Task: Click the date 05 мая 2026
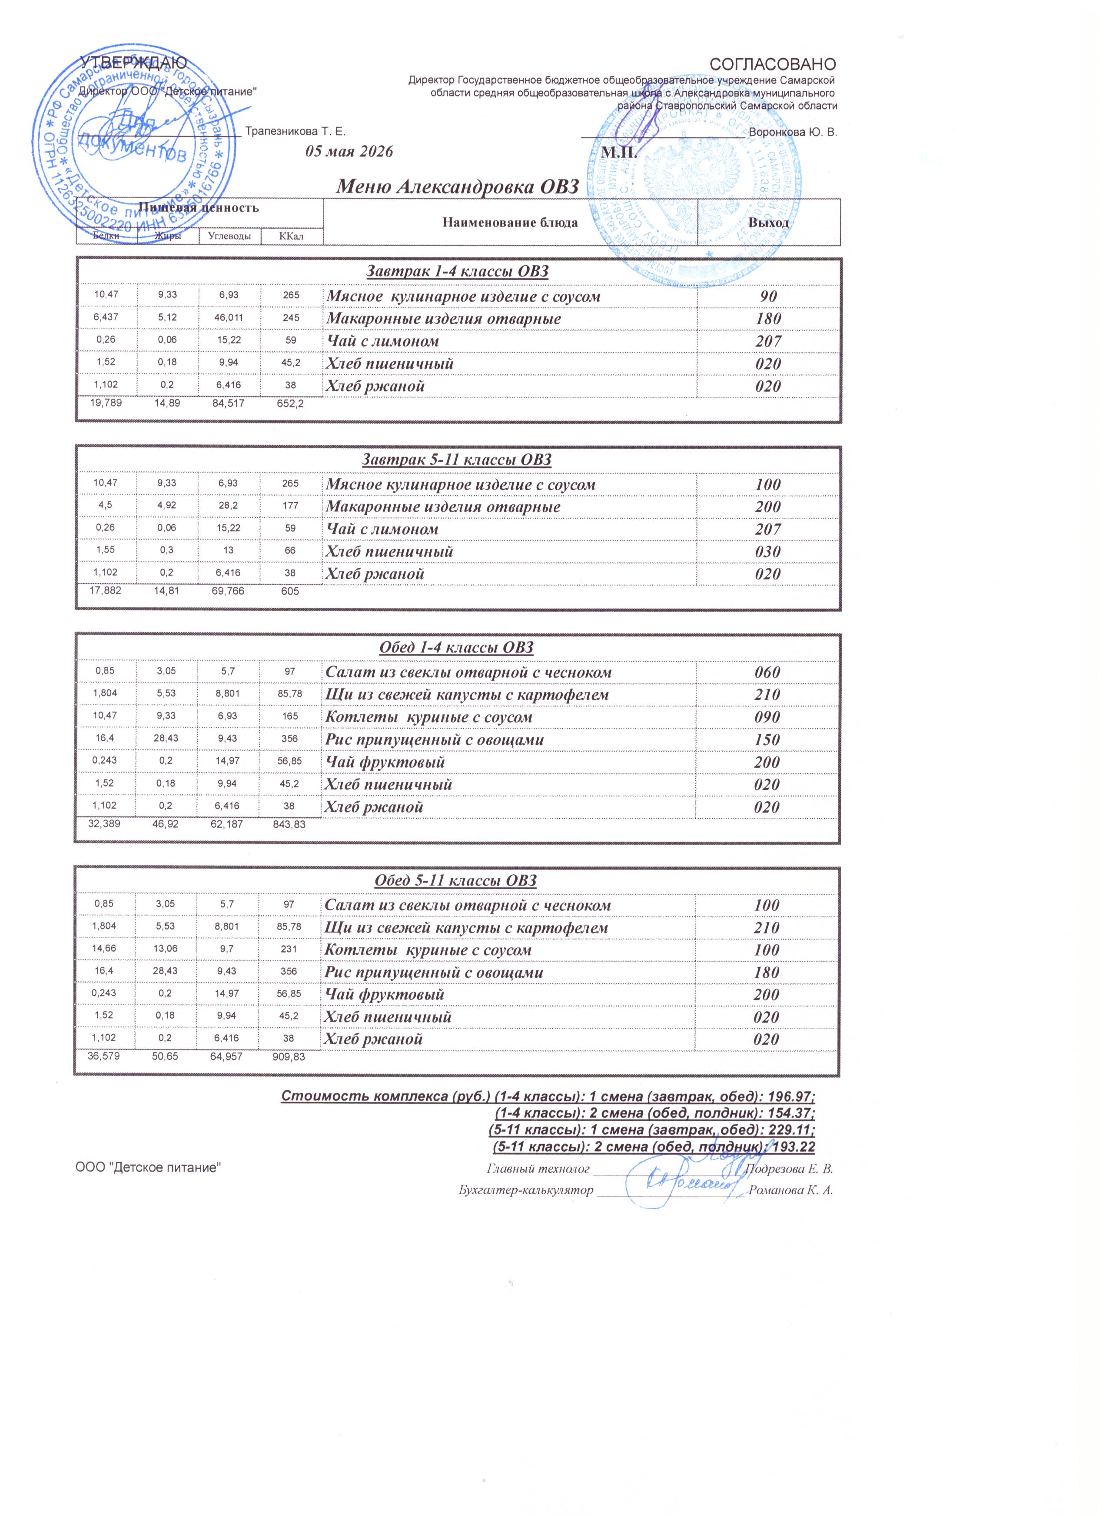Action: pos(349,151)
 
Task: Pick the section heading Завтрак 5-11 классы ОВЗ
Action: pos(457,460)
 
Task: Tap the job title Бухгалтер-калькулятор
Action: pos(526,1190)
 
